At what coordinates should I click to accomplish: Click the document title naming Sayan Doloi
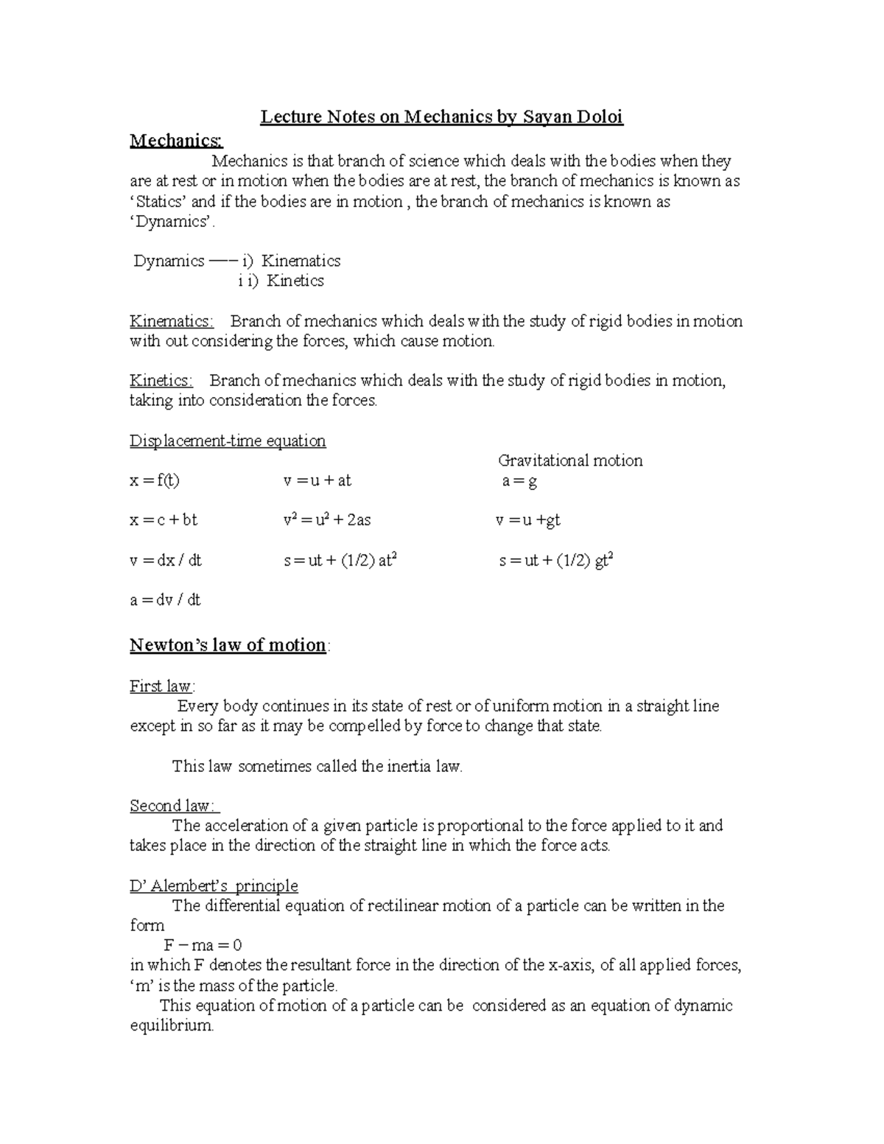pos(441,118)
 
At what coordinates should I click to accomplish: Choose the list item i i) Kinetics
pos(281,281)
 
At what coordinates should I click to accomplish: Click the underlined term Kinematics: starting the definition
pos(172,321)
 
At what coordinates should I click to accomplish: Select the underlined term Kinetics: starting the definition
pos(161,381)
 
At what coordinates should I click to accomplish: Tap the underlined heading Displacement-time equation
pos(228,441)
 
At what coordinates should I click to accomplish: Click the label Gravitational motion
pos(570,461)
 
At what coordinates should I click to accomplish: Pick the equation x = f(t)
pos(155,481)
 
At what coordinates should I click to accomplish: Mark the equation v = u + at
pos(318,481)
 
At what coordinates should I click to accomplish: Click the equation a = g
pos(519,482)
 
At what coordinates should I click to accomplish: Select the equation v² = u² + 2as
pos(327,520)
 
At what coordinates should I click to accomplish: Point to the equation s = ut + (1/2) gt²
pos(556,561)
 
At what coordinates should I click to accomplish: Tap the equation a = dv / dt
pos(165,600)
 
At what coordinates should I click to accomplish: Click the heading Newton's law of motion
pos(228,645)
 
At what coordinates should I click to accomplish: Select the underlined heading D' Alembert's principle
pos(214,886)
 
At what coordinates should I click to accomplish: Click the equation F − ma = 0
pos(203,945)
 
